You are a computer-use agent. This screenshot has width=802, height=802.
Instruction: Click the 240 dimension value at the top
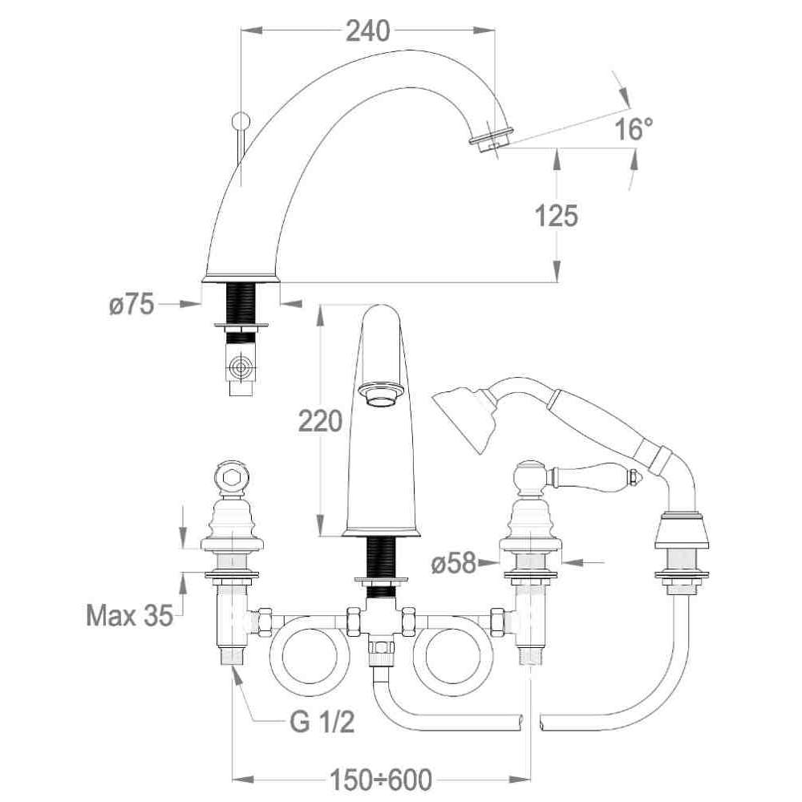click(368, 30)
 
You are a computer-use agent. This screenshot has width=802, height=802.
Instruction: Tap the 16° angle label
click(634, 129)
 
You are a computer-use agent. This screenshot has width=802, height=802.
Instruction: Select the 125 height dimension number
click(557, 215)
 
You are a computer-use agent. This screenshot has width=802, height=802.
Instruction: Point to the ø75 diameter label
click(132, 305)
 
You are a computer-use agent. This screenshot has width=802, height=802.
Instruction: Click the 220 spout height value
click(320, 422)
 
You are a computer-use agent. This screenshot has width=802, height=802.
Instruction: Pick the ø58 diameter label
click(454, 563)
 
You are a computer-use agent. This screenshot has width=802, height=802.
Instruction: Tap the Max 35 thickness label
click(129, 615)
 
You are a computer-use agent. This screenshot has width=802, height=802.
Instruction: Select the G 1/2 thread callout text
click(322, 723)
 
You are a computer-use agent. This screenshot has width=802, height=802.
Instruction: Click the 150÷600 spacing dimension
click(380, 780)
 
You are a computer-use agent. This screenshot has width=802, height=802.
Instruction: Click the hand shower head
click(464, 417)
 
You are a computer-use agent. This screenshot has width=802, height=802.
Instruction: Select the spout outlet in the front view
click(379, 395)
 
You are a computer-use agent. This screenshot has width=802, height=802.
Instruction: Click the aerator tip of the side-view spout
click(490, 140)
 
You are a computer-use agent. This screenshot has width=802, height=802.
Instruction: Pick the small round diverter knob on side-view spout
click(241, 121)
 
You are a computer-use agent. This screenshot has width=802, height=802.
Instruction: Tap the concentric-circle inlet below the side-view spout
click(241, 367)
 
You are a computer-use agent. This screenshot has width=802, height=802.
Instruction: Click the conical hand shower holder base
click(681, 533)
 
